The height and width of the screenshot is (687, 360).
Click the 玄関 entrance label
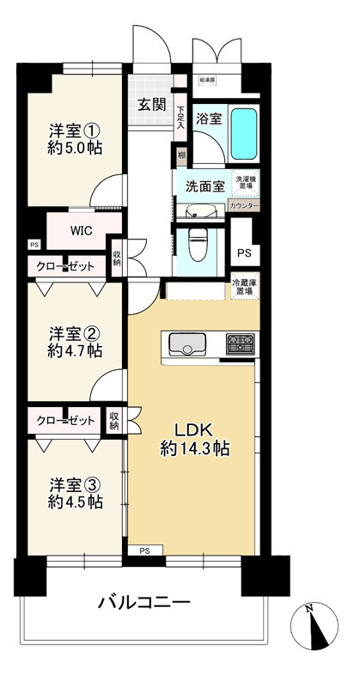pyautogui.click(x=153, y=106)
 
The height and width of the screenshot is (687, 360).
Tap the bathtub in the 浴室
pyautogui.click(x=244, y=131)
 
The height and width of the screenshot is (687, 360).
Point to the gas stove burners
pyautogui.click(x=241, y=345)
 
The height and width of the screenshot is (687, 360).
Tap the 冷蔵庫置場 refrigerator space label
pyautogui.click(x=244, y=288)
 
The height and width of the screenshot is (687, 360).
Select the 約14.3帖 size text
pyautogui.click(x=193, y=447)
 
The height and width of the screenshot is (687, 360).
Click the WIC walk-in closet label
pyautogui.click(x=82, y=230)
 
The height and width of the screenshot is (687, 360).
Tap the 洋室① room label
pyautogui.click(x=75, y=131)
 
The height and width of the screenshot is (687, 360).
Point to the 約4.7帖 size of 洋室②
pyautogui.click(x=75, y=351)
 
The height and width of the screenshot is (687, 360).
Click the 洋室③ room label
pyautogui.click(x=75, y=483)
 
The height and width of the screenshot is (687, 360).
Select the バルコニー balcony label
pyautogui.click(x=144, y=603)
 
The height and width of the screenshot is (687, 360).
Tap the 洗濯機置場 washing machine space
pyautogui.click(x=244, y=183)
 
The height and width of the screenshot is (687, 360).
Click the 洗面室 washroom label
pyautogui.click(x=202, y=185)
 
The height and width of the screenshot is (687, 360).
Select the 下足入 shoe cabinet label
pyautogui.click(x=181, y=116)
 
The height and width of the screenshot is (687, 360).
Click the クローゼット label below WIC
pyautogui.click(x=65, y=267)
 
